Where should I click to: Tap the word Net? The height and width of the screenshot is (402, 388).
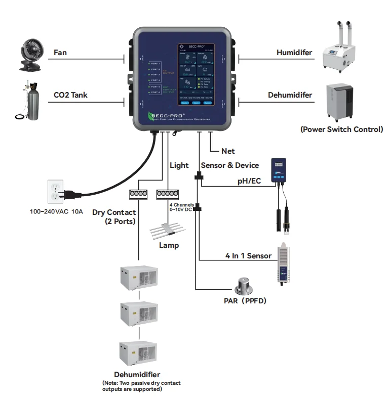coord(228,151)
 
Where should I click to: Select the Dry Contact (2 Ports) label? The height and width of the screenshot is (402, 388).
coord(113,217)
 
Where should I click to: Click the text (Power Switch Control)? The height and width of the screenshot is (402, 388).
coord(341,129)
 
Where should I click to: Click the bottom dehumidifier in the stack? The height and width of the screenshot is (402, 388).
coord(138,355)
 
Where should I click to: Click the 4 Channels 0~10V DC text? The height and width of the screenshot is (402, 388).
coord(181,207)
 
